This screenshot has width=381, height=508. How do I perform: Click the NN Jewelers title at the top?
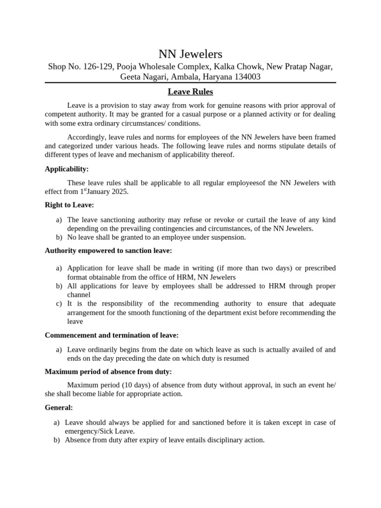(x=190, y=54)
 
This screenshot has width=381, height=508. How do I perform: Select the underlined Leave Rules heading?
(x=190, y=92)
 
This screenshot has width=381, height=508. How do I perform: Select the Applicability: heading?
(x=66, y=169)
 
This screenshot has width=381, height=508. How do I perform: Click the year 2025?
(x=119, y=191)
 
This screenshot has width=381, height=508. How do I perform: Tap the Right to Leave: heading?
(x=69, y=204)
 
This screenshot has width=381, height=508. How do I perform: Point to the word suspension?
(x=228, y=237)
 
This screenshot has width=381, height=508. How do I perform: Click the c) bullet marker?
(x=59, y=304)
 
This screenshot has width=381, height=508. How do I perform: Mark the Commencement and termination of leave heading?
(x=112, y=335)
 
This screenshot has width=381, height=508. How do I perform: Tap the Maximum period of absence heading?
(x=108, y=372)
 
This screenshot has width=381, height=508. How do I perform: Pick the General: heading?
(x=59, y=407)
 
